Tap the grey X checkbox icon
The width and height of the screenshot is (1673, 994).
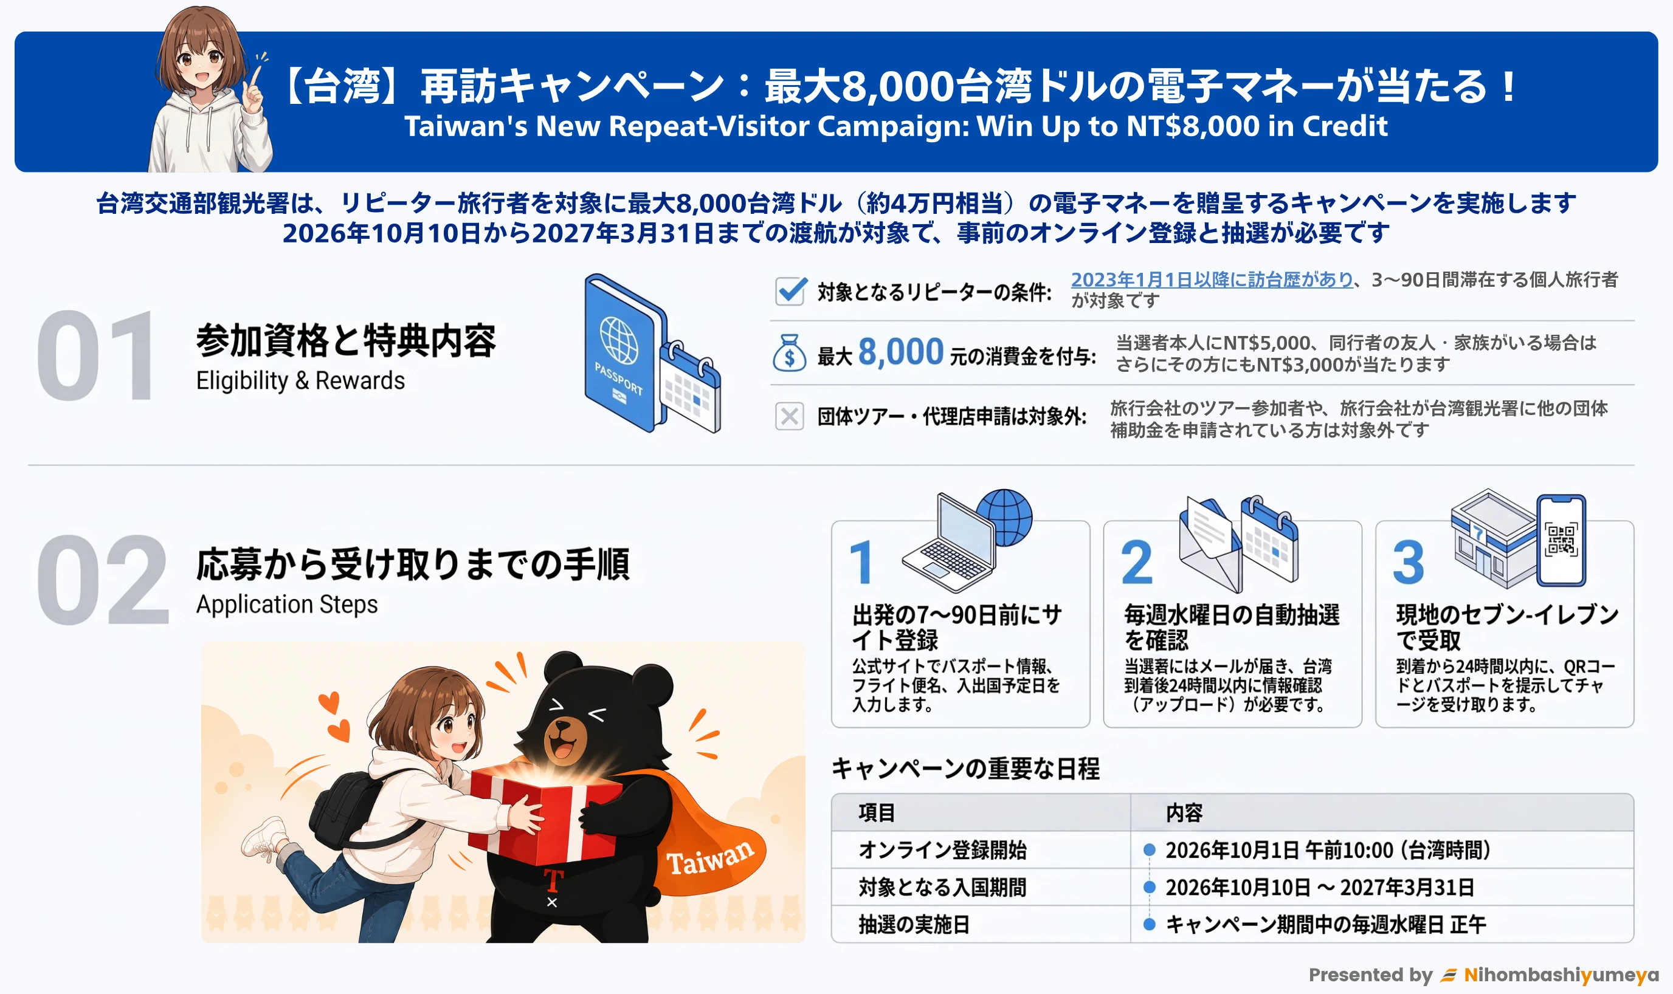click(x=789, y=416)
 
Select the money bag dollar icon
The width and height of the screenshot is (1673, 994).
click(x=789, y=353)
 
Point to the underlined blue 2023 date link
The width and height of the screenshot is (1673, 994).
click(x=1212, y=279)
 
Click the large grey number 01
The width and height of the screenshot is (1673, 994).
click(x=96, y=355)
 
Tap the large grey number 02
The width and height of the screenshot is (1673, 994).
click(x=102, y=580)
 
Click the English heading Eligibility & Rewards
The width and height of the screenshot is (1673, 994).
click(x=300, y=380)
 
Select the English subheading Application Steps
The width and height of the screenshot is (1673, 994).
click(x=287, y=604)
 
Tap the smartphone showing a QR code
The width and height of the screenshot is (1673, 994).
click(x=1561, y=541)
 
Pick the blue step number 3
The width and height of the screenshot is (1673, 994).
click(x=1408, y=563)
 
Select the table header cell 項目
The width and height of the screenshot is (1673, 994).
click(x=877, y=812)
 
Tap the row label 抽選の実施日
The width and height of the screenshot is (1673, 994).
click(x=914, y=924)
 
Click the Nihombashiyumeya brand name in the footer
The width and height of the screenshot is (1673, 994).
click(x=1561, y=975)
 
